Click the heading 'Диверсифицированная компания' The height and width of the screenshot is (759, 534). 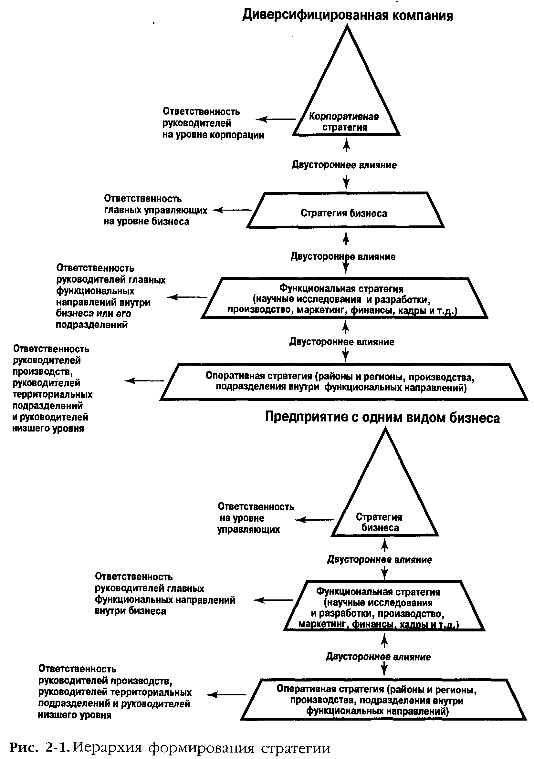[348, 15]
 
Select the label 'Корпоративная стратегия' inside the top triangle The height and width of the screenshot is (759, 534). [344, 122]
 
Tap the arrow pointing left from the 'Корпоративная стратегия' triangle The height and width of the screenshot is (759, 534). [276, 119]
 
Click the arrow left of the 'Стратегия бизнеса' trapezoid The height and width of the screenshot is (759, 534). [231, 210]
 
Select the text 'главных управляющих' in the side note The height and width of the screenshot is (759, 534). [156, 210]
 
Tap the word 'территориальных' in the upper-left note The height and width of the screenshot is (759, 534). [53, 394]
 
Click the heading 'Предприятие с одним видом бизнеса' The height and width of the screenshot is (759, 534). [382, 418]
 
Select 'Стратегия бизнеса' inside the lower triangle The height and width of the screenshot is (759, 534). [379, 522]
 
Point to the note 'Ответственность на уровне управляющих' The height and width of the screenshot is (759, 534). [255, 518]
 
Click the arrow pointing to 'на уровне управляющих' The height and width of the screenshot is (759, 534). [314, 520]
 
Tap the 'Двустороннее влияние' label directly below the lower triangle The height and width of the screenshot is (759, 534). [379, 560]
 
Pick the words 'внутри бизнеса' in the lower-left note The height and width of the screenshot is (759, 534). [130, 611]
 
